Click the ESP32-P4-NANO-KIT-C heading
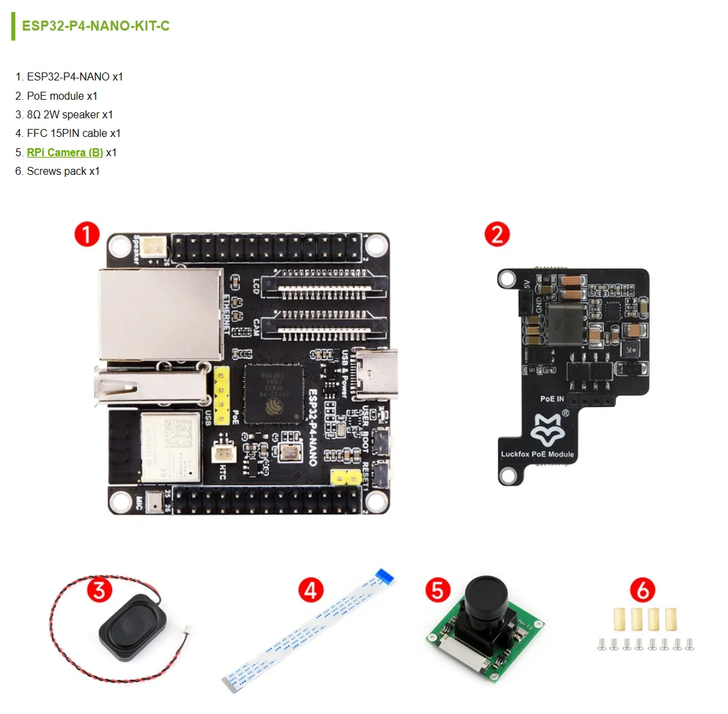[96, 26]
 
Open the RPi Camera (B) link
[64, 152]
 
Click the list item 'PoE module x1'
[62, 96]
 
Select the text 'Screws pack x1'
[63, 171]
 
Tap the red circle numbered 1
[86, 235]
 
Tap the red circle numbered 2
[497, 234]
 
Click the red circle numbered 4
[310, 590]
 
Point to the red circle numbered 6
[642, 590]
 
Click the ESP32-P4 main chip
[274, 393]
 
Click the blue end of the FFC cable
[384, 576]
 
